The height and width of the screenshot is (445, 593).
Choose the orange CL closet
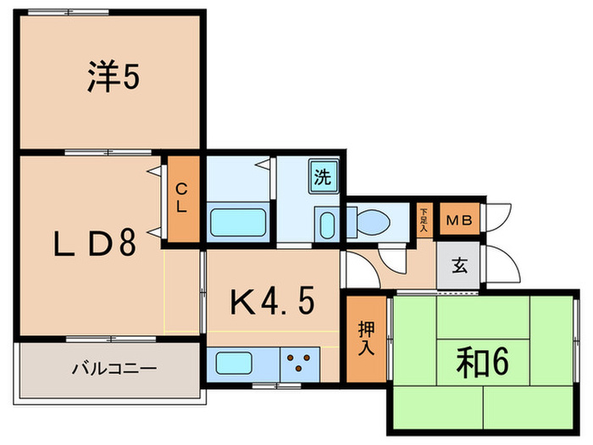pyautogui.click(x=182, y=198)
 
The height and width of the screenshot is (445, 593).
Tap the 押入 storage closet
pyautogui.click(x=365, y=337)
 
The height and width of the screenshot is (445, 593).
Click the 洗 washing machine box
pyautogui.click(x=324, y=178)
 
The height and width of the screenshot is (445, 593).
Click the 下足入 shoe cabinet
pyautogui.click(x=424, y=219)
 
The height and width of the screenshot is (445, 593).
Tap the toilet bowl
pyautogui.click(x=370, y=223)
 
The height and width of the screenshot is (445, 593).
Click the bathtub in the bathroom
pyautogui.click(x=240, y=224)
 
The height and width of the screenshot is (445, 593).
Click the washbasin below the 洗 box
pyautogui.click(x=326, y=224)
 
